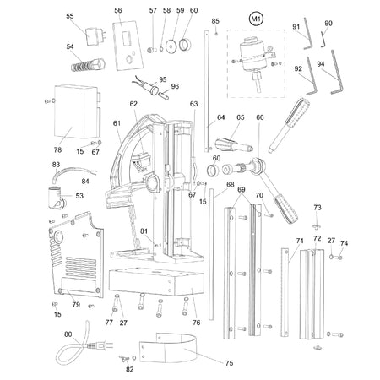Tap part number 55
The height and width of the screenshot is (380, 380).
point(70,15)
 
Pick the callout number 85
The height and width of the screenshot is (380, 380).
point(215,20)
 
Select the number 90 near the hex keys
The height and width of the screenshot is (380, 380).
point(328,23)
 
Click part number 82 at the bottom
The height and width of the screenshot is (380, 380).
point(129,370)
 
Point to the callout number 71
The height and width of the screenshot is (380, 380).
point(299,241)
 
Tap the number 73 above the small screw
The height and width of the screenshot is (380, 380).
point(318,207)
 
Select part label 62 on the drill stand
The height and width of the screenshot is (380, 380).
point(133,104)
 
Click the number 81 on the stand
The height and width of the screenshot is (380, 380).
point(144,231)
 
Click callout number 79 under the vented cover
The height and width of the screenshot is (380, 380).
point(75,305)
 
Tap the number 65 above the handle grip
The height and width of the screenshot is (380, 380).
point(240,117)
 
